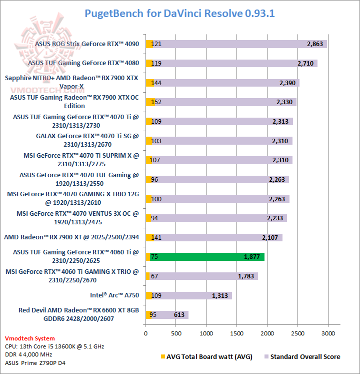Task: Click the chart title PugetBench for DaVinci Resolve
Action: point(179,13)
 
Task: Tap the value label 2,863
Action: point(316,44)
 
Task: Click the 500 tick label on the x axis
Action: point(175,333)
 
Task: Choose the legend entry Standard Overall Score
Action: point(305,356)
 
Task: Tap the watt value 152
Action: point(156,102)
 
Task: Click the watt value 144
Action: point(156,83)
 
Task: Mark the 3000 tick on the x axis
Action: point(328,333)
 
